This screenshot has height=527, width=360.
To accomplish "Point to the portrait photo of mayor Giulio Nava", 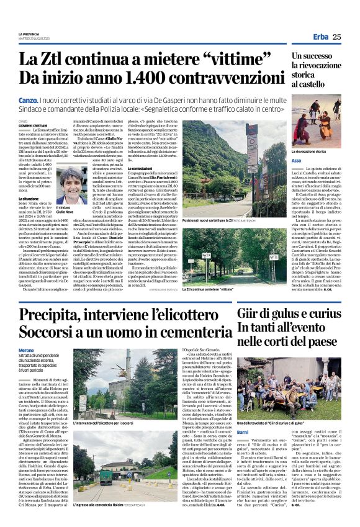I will click(x=73, y=185).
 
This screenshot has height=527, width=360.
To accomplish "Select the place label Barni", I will click(x=244, y=413).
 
